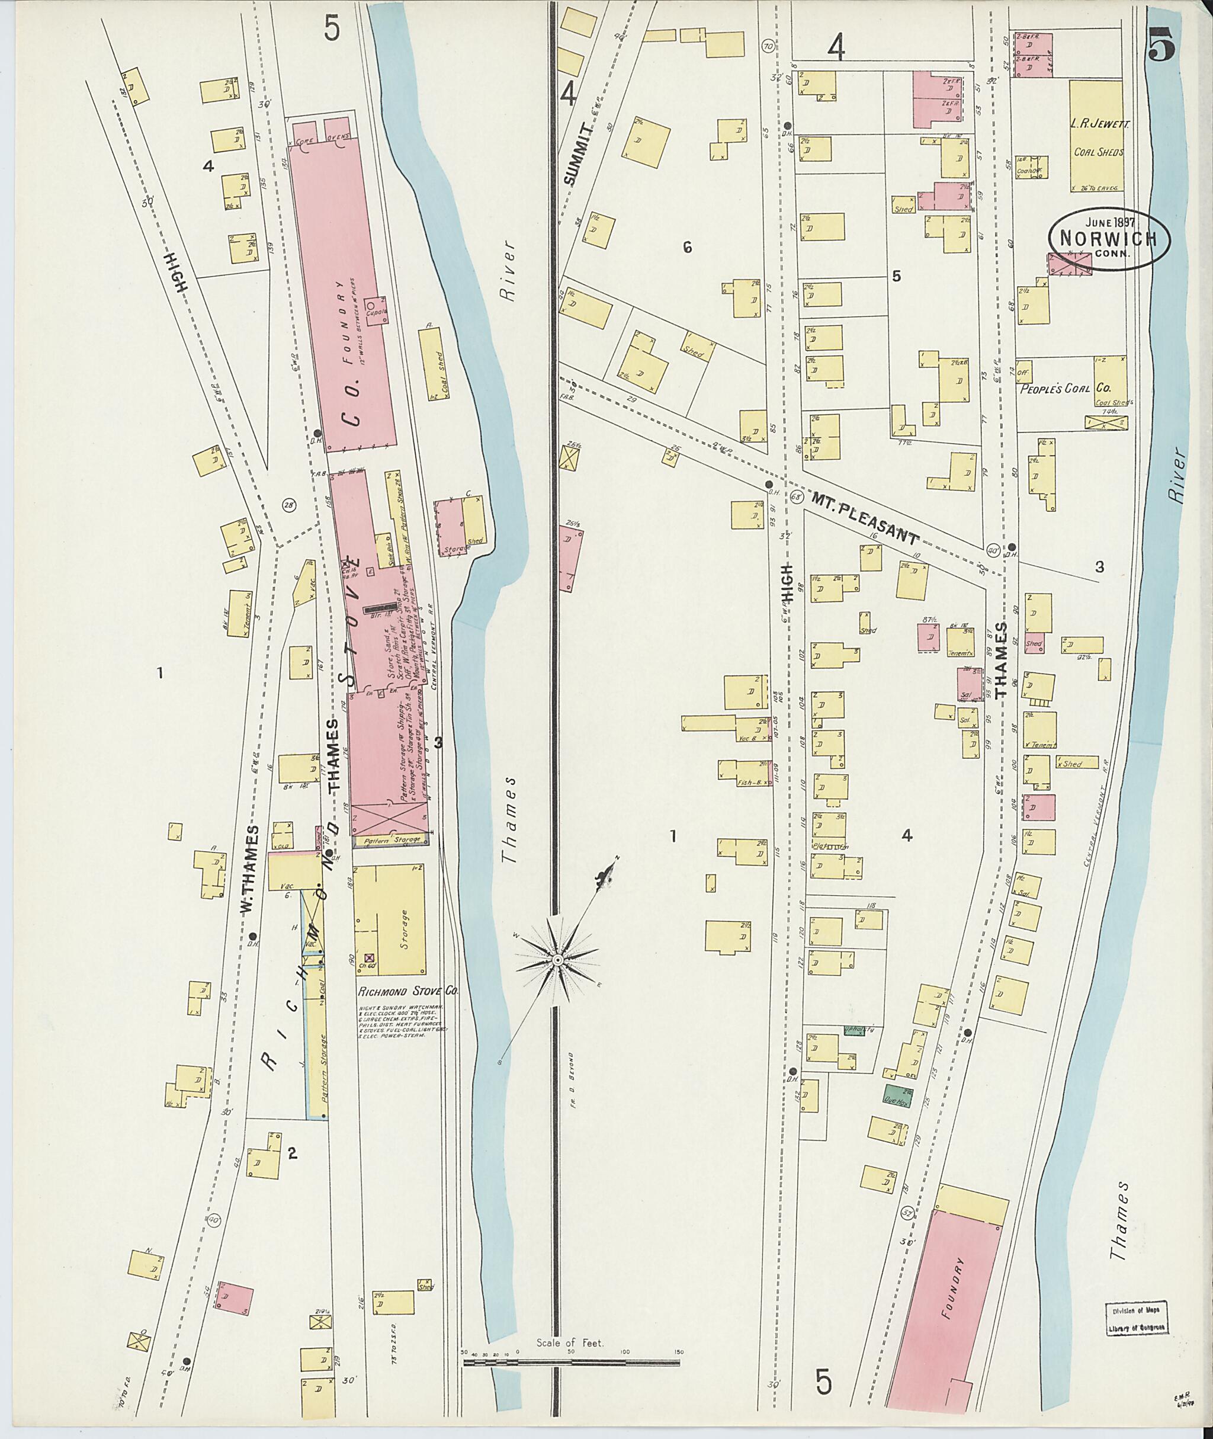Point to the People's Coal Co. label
pos(1064,388)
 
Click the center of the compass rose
pos(559,960)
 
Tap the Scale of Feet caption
pos(570,1342)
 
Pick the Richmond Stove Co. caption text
pos(407,992)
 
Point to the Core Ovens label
pos(320,140)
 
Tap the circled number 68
pos(797,496)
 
